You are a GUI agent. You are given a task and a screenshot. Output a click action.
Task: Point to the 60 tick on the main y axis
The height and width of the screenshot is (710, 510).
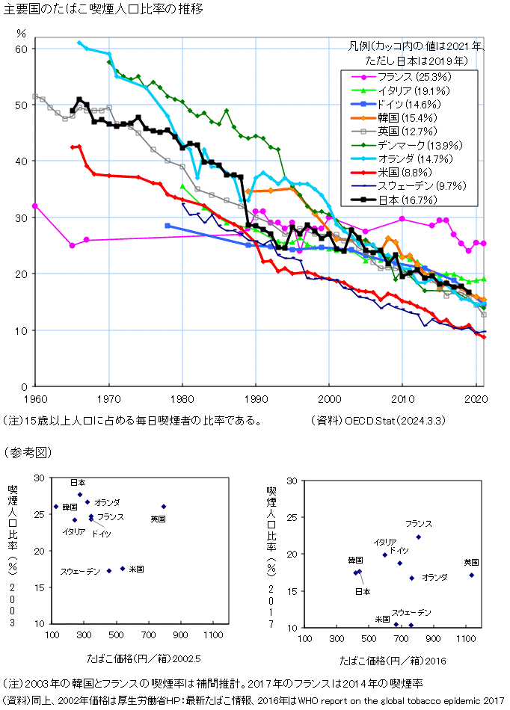(21, 49)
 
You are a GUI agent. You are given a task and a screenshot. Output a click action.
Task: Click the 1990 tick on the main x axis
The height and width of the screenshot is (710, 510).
(256, 398)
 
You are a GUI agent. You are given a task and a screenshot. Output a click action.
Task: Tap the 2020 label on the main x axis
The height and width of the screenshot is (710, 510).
(476, 398)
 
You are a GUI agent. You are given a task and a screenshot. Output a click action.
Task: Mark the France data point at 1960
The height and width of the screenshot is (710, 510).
(35, 206)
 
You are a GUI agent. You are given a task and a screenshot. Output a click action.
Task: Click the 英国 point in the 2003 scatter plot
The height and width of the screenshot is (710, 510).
(164, 507)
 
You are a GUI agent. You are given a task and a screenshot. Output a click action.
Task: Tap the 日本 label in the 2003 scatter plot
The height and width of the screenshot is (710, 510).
(79, 483)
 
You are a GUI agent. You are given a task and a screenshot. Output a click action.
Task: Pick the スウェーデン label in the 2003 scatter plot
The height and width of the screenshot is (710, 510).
(80, 572)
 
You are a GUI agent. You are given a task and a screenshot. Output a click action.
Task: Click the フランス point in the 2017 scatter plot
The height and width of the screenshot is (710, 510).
(418, 537)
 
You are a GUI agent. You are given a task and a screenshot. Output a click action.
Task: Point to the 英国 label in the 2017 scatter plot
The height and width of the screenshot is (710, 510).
(471, 562)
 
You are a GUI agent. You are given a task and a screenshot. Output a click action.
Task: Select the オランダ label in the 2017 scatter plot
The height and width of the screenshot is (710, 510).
(434, 577)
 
